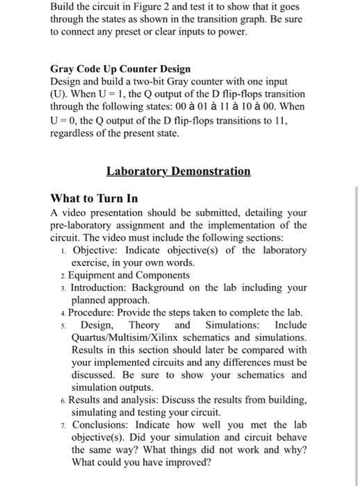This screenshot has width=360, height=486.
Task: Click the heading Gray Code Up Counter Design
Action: click(x=120, y=69)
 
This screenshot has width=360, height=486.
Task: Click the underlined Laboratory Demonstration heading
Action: click(x=179, y=171)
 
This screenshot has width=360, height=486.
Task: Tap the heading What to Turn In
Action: click(x=94, y=199)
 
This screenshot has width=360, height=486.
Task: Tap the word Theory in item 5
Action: click(x=144, y=325)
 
